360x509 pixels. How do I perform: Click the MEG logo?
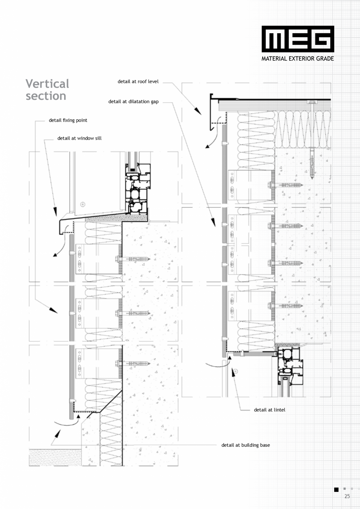click(298, 39)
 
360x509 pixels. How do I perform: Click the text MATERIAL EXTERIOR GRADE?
click(297, 59)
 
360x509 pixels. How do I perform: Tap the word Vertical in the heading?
click(47, 84)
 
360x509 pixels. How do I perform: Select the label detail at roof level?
click(138, 81)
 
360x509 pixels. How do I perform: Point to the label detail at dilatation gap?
click(133, 102)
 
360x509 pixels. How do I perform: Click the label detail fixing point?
click(68, 120)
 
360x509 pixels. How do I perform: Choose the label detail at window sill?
click(79, 138)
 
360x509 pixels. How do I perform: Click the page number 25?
click(347, 496)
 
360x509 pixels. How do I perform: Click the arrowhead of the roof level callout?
click(198, 112)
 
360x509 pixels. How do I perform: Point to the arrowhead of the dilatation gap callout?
click(213, 223)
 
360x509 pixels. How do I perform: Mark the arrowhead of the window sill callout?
click(55, 212)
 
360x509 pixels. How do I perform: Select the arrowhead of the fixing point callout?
click(53, 310)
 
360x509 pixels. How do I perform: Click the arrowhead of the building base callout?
click(58, 433)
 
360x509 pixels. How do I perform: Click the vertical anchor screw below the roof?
click(312, 163)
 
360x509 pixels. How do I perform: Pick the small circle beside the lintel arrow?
click(236, 371)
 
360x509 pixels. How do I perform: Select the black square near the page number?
click(337, 489)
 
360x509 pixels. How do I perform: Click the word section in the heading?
click(46, 96)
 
